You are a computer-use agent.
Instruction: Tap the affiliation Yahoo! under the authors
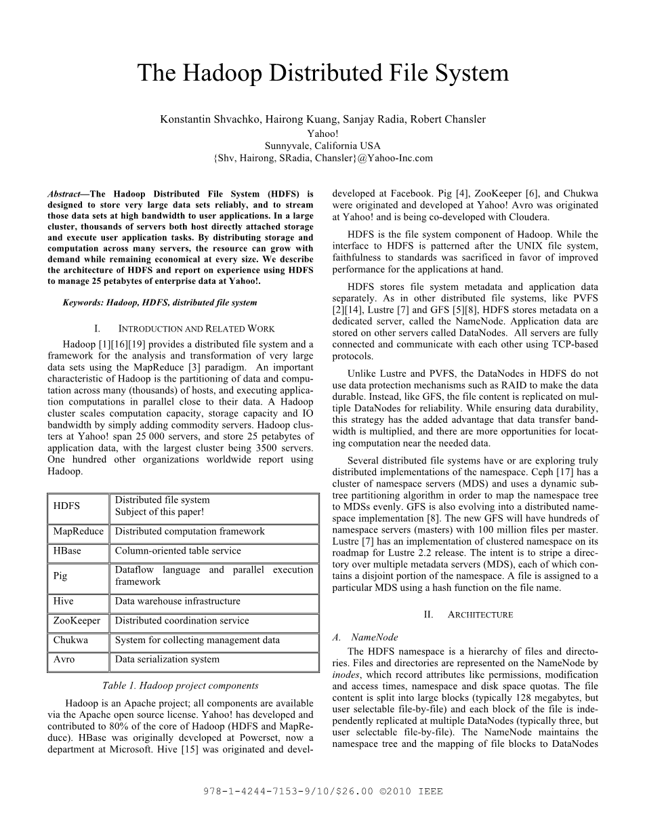click(322, 133)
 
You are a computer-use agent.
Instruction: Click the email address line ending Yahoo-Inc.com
click(322, 158)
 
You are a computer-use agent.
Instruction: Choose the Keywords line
click(160, 302)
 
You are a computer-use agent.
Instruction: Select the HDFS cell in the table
click(66, 506)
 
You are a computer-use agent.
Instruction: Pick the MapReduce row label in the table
click(78, 532)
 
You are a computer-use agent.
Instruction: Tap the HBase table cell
click(67, 551)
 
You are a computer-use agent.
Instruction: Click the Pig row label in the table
click(60, 576)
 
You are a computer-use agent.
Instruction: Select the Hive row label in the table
click(64, 601)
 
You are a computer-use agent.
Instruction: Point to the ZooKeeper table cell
click(77, 621)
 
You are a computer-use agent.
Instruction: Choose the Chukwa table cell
click(70, 640)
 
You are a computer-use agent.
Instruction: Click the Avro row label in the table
click(64, 659)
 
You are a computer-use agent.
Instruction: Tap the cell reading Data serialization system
click(167, 659)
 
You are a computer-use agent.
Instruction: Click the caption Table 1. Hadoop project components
click(180, 686)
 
